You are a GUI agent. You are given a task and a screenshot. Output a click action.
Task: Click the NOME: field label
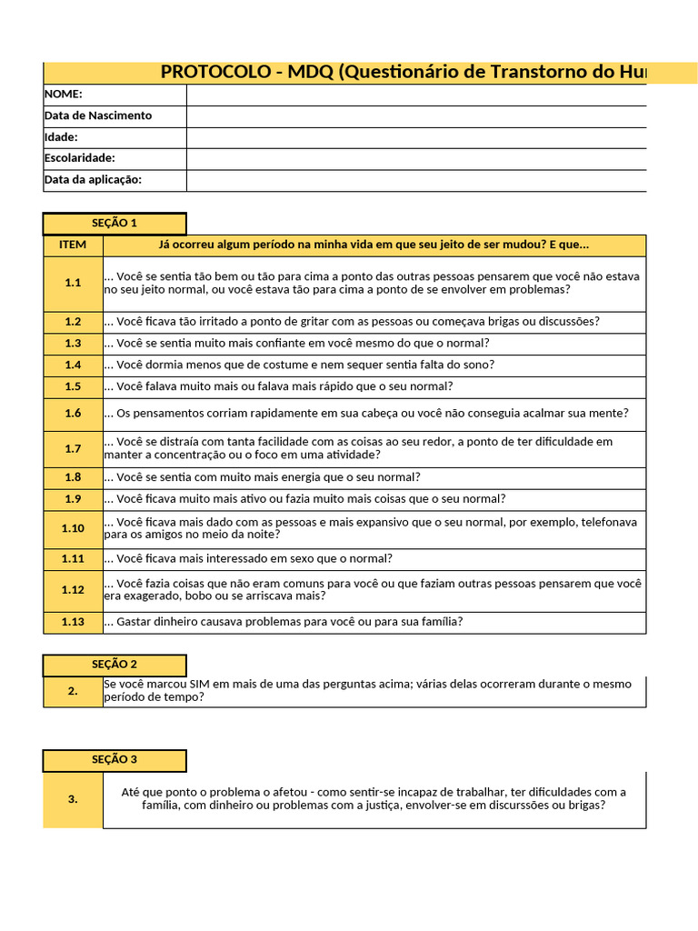[64, 95]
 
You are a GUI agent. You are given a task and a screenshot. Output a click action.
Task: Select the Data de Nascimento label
[98, 115]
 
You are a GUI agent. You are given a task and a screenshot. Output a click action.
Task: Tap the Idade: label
[61, 137]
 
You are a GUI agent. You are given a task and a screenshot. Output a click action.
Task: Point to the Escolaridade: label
[80, 158]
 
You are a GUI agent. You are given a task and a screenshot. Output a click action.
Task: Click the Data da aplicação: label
[93, 180]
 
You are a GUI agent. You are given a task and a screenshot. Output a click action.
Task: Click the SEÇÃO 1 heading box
[115, 224]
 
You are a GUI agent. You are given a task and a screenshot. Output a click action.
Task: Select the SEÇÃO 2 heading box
[115, 665]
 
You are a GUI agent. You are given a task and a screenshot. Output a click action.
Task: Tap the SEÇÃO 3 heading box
[115, 760]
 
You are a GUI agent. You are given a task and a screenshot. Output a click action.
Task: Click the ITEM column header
[73, 245]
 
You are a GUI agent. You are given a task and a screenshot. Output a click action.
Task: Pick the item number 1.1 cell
[73, 283]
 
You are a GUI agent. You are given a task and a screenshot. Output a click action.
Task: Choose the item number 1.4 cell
[73, 365]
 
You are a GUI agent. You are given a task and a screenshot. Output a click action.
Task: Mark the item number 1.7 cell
[73, 448]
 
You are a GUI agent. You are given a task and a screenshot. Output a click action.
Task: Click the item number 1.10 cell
[73, 528]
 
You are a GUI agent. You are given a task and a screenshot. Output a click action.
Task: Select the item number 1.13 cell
[73, 622]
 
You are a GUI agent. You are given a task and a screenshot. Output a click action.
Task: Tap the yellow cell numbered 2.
[73, 691]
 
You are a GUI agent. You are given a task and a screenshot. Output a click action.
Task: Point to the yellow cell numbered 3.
[73, 799]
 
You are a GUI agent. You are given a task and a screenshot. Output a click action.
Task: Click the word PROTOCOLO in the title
[214, 73]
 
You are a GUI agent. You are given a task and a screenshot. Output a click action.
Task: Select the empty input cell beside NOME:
[416, 95]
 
